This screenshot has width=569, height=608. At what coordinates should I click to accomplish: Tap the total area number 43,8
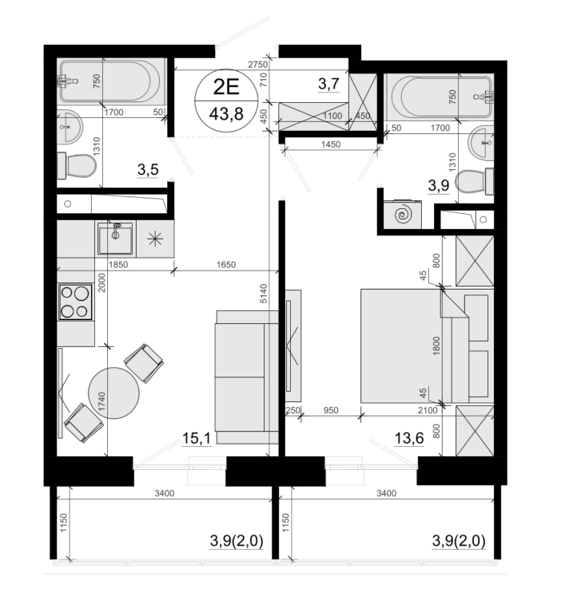point(226,114)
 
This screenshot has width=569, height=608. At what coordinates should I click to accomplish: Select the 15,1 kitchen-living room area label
point(196,439)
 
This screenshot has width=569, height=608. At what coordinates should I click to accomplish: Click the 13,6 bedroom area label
point(408,439)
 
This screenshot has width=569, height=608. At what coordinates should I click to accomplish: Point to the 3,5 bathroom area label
point(148,169)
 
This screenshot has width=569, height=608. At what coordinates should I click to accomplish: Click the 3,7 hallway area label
point(328,84)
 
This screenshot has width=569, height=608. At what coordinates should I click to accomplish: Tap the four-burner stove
point(75,302)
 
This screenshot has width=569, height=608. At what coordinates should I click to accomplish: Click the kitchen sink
point(115,238)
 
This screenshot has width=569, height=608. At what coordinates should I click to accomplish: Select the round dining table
point(113,393)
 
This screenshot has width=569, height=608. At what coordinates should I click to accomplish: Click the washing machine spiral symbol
point(402,215)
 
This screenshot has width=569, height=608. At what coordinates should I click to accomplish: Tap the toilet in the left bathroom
point(77,166)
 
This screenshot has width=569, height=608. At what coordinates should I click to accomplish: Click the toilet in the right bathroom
point(474,181)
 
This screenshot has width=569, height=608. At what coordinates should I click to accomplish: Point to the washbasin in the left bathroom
point(70,125)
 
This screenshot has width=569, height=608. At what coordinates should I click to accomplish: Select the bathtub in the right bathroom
point(441,97)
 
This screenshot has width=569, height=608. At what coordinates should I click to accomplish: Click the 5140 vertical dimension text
point(264,294)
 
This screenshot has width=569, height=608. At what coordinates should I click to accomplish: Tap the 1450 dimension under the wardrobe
point(331,144)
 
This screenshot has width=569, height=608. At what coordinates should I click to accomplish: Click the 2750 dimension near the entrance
point(258,65)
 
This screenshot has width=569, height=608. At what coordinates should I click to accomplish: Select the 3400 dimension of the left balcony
point(165,493)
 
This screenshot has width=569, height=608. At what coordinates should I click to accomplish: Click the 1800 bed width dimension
point(436,345)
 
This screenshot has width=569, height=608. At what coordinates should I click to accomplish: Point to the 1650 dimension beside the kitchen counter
point(226,264)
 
